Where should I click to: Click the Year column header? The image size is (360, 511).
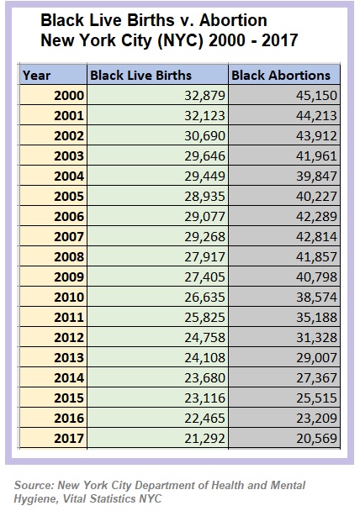point(37,76)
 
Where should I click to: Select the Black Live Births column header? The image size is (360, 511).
point(141,76)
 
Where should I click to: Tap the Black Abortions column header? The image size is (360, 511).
point(280,76)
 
